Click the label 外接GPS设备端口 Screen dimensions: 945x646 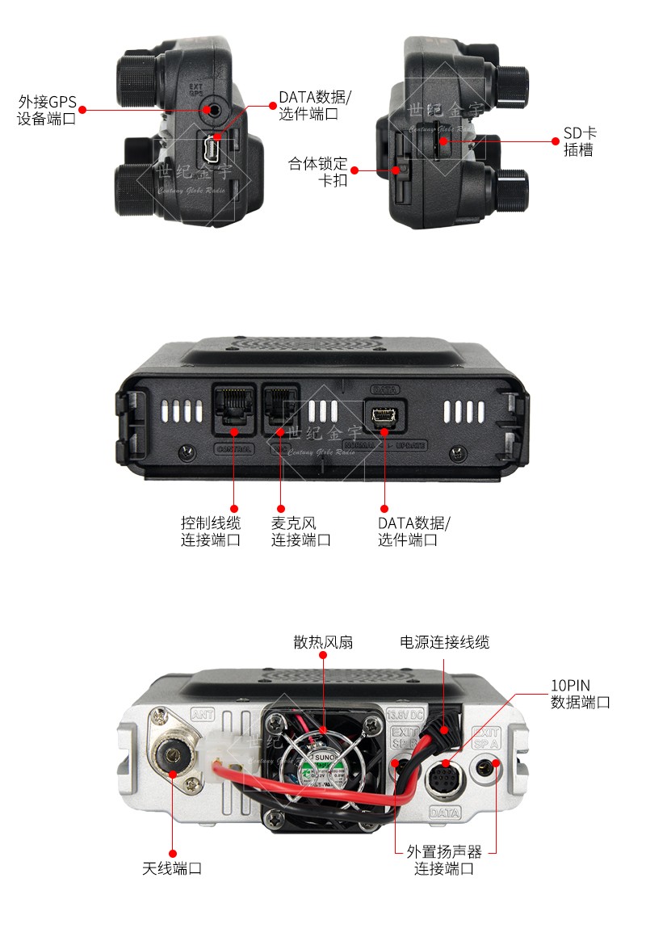47,111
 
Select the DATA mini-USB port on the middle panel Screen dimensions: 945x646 384,416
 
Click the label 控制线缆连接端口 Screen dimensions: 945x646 211,531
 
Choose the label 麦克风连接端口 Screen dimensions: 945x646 300,531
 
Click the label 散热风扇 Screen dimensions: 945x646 323,642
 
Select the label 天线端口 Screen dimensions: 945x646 172,868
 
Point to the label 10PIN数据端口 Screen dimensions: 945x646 580,694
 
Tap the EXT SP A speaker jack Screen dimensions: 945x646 486,765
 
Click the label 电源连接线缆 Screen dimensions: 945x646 444,642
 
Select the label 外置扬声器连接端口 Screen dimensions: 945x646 444,860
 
